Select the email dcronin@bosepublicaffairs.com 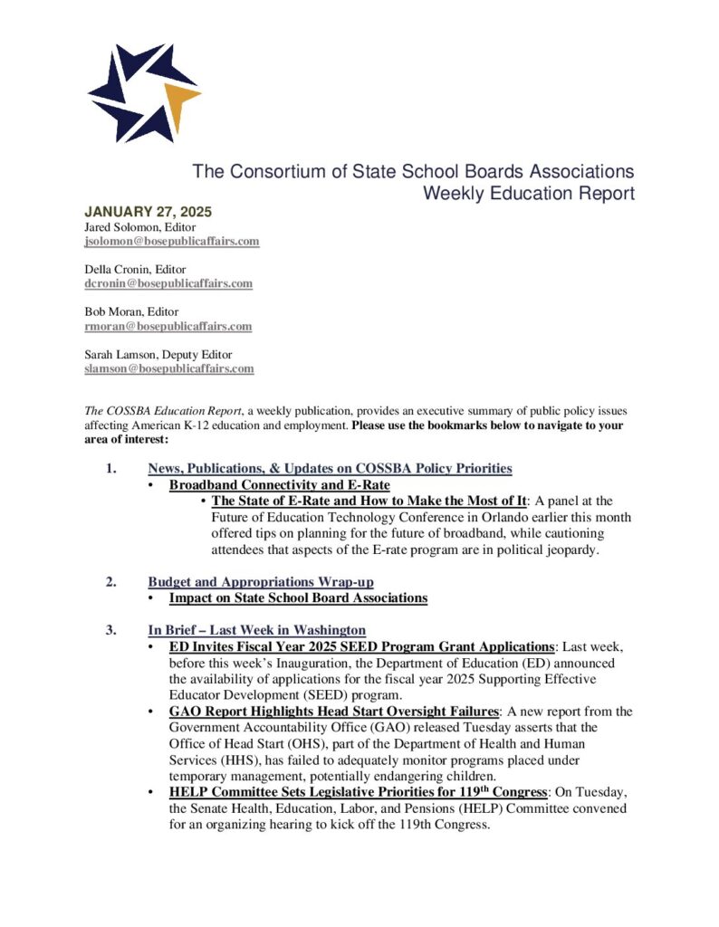(x=168, y=283)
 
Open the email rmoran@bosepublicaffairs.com (x=168, y=326)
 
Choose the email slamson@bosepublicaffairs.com (x=169, y=368)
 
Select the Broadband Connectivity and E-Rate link (x=280, y=484)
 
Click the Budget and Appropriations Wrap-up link (x=261, y=581)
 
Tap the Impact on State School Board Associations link (x=298, y=597)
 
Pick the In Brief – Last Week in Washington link (x=257, y=630)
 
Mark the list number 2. (x=110, y=581)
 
